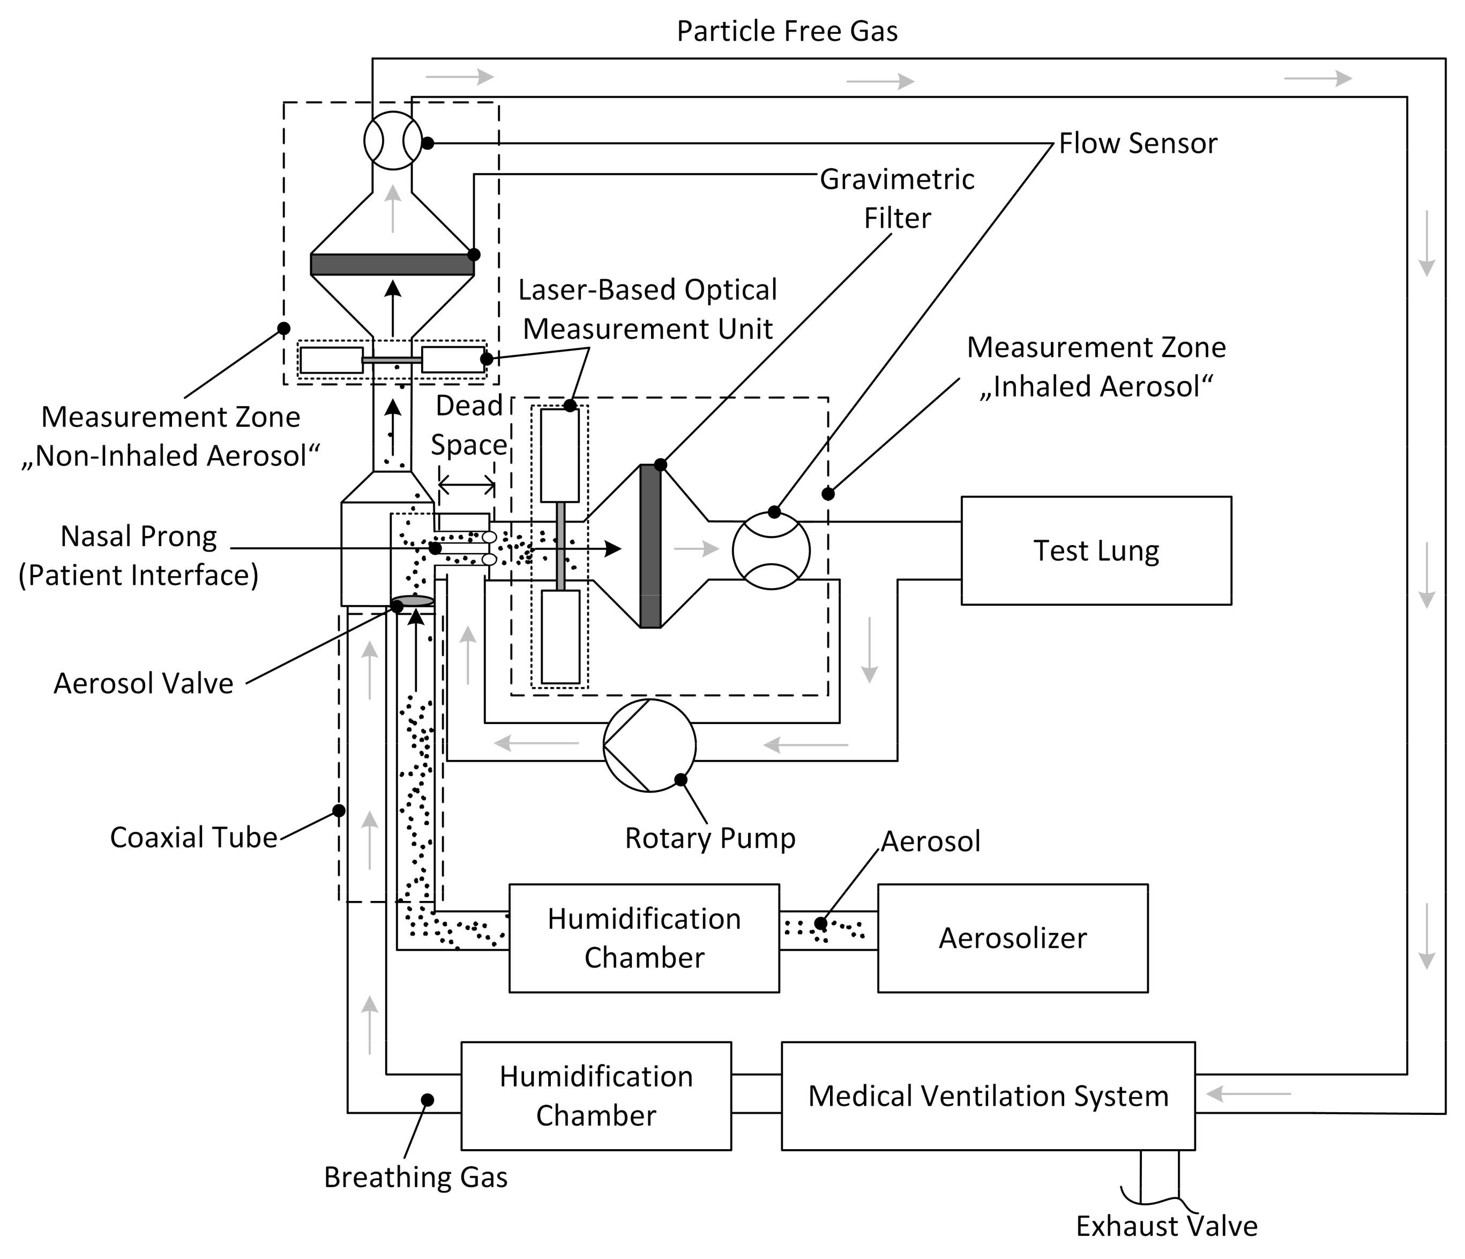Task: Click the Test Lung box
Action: [1096, 550]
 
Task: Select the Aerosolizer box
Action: [1013, 938]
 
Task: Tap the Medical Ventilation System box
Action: [988, 1096]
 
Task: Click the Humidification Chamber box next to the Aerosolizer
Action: [644, 938]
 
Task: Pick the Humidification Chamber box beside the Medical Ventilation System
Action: [596, 1096]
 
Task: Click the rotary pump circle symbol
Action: [649, 746]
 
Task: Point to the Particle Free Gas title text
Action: [787, 31]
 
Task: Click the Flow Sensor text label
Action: [1138, 143]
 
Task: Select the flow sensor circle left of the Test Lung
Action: [771, 550]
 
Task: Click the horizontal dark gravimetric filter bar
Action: [392, 264]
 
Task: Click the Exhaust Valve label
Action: [1167, 1226]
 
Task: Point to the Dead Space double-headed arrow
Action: [467, 485]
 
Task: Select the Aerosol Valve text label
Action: [144, 683]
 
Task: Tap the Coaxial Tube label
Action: [194, 837]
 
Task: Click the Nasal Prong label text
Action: [139, 536]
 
